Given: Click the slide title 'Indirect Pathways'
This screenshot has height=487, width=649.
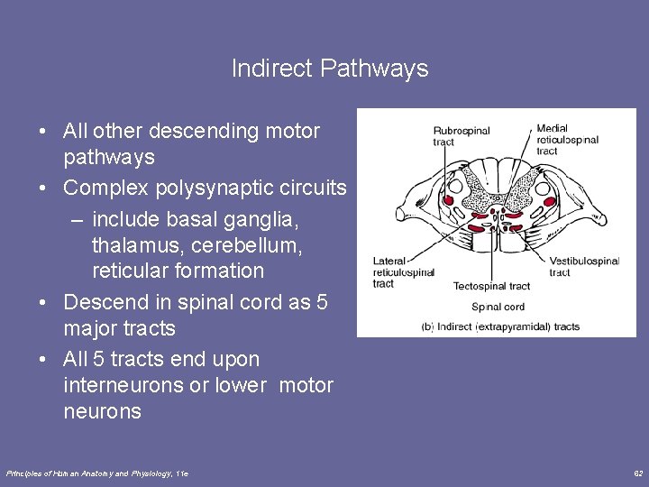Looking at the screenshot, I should coord(329,69).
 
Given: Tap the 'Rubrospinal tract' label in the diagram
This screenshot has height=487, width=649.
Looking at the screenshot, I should coord(461,136).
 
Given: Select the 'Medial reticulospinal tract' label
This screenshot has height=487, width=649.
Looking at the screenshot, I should coord(567,140).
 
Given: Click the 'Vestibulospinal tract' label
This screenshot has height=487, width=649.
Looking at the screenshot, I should coord(584,266).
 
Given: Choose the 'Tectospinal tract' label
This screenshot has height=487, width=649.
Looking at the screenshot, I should coord(491,287).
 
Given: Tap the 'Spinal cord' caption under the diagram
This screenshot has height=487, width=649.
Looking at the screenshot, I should coord(498,308).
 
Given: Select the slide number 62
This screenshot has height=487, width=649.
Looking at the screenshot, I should coord(637,473).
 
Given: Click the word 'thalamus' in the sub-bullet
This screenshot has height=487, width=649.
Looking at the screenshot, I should coord(133,244).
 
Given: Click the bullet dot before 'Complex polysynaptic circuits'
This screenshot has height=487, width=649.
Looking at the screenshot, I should coord(43,188).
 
